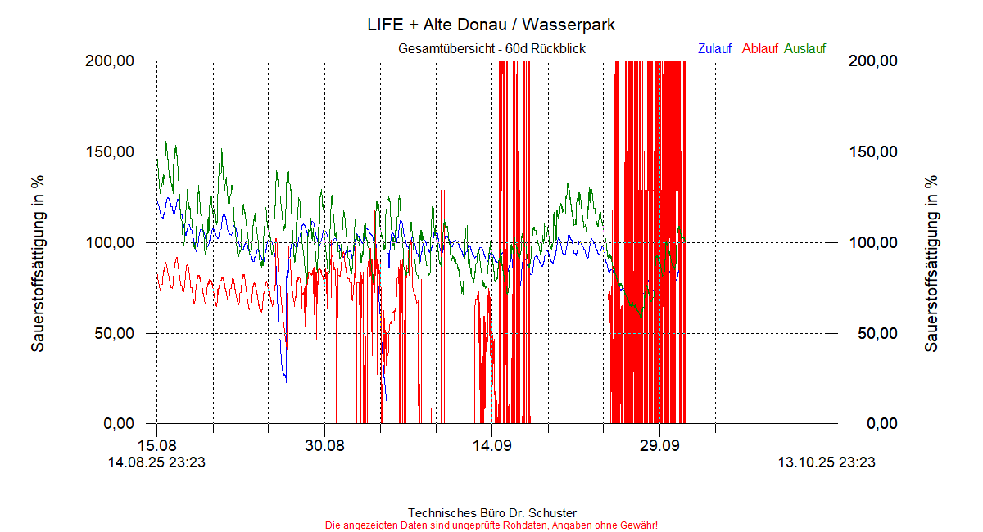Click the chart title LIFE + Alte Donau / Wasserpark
[x=491, y=25]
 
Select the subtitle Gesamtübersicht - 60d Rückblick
[x=491, y=49]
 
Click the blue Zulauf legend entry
[x=714, y=49]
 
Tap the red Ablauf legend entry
[x=759, y=49]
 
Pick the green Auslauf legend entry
[x=805, y=49]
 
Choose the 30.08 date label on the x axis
[x=324, y=446]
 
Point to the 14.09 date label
[x=491, y=446]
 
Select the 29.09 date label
[x=659, y=446]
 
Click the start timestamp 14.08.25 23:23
[x=156, y=462]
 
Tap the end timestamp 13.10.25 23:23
[x=827, y=462]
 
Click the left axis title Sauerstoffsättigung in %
[x=38, y=264]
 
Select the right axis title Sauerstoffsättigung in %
[x=931, y=264]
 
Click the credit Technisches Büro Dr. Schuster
[x=491, y=513]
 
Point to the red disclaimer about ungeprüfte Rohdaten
[x=491, y=525]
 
